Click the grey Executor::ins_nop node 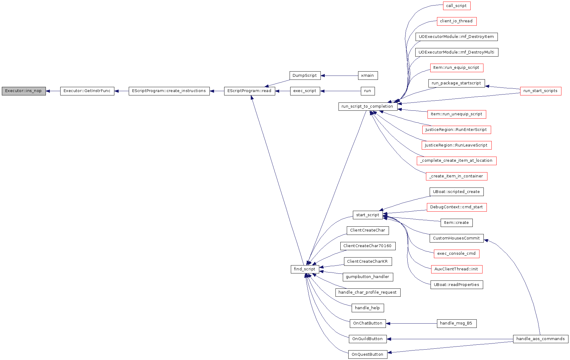point(24,91)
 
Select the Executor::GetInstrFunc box point(87,91)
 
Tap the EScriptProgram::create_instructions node point(169,91)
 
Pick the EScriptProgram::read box point(250,91)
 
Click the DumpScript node point(305,76)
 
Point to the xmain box point(368,76)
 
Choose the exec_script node point(305,91)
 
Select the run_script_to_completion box point(368,106)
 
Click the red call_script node point(457,6)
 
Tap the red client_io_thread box point(457,21)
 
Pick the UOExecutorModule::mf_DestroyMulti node point(457,52)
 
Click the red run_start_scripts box point(541,91)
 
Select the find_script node point(305,269)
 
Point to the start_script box point(368,215)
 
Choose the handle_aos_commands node point(541,339)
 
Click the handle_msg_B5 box point(457,323)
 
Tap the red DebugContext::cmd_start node point(457,207)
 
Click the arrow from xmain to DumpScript point(339,76)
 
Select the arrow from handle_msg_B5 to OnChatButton point(411,323)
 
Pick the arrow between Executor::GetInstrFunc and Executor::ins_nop point(53,91)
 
